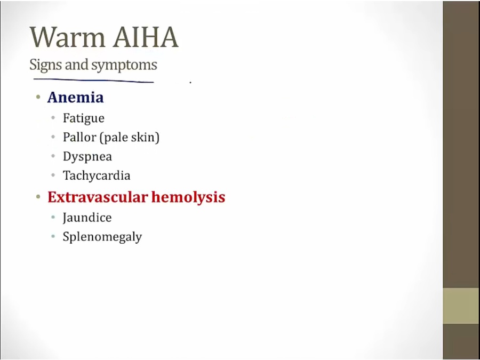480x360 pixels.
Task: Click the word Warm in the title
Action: (68, 37)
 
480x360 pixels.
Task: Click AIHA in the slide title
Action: (146, 37)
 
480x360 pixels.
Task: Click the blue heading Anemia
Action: (76, 98)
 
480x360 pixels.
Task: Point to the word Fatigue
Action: (84, 118)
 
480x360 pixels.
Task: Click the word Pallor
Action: (79, 137)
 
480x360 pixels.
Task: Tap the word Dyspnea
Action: (87, 157)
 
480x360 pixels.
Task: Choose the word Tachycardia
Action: (97, 175)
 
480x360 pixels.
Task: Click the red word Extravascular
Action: (98, 197)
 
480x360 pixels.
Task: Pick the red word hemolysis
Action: (188, 197)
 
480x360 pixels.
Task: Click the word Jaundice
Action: (87, 218)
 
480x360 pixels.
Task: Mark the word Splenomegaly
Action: (102, 237)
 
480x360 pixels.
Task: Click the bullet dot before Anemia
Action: (38, 98)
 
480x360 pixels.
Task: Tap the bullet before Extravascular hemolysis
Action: (38, 197)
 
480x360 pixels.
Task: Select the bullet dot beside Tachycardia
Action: (53, 175)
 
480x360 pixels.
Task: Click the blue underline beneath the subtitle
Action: (93, 81)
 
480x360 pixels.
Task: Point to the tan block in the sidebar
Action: (461, 306)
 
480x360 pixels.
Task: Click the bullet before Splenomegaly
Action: (53, 237)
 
